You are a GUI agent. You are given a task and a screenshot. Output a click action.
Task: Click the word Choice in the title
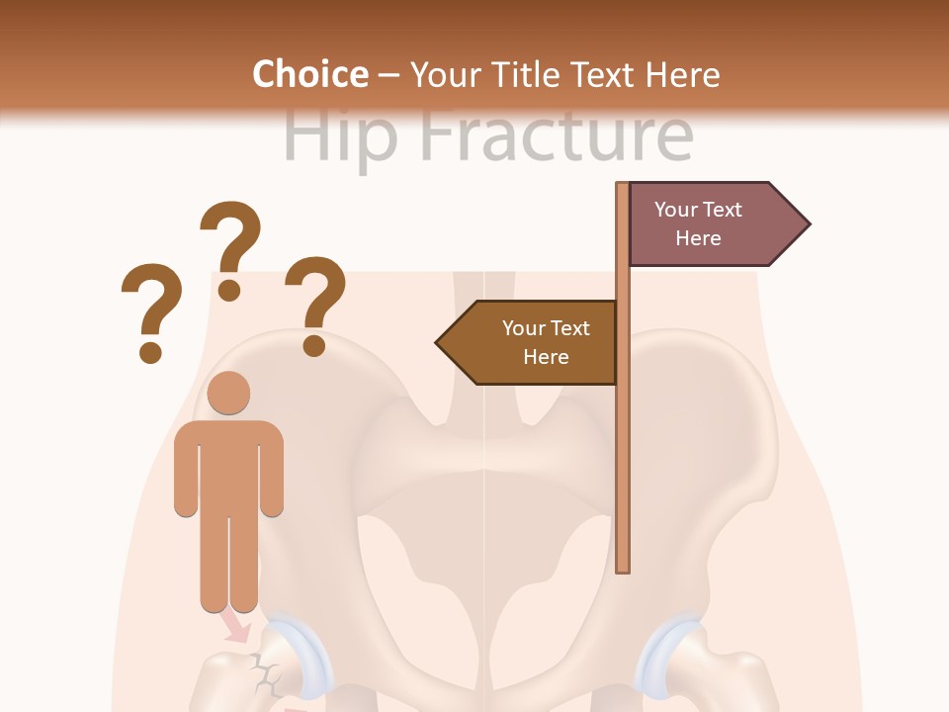tap(309, 74)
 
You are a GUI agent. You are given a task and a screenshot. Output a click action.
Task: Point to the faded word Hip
tap(340, 136)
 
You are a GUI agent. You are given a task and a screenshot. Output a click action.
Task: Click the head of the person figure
tap(229, 393)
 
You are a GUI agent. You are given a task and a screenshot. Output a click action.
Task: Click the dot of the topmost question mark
tap(229, 290)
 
